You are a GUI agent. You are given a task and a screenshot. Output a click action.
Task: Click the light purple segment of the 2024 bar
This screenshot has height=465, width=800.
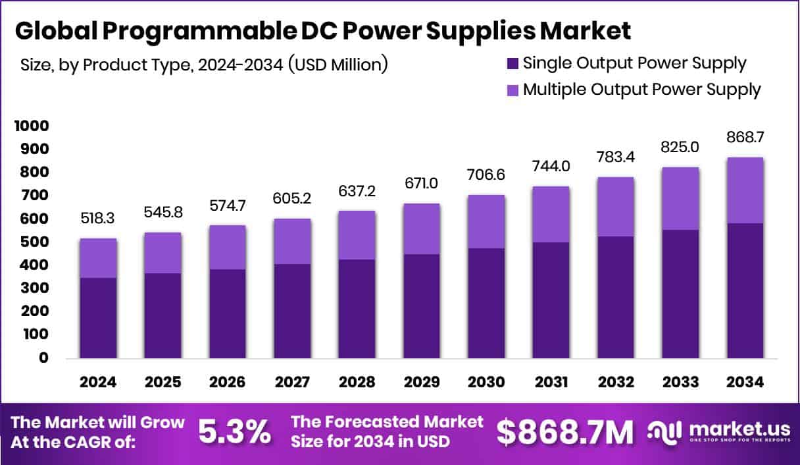coord(98,258)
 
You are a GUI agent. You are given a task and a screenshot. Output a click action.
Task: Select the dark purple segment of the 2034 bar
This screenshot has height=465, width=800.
coord(745,290)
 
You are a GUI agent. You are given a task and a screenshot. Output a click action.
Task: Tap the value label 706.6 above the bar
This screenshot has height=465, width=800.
coord(486,176)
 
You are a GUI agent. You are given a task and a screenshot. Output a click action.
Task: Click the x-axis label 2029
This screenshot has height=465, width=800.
coord(421,383)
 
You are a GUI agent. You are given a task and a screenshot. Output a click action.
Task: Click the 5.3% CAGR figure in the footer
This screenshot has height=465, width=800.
coord(234,431)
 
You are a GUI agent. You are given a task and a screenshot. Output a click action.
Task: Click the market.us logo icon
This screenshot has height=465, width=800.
coord(664,431)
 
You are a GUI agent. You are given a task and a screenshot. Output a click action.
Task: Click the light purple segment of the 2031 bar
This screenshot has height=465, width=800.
coord(551,214)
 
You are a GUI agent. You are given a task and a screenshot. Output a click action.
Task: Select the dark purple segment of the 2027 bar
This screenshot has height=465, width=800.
coord(292,311)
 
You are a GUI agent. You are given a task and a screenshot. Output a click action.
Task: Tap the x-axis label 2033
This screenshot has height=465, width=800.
coord(680,383)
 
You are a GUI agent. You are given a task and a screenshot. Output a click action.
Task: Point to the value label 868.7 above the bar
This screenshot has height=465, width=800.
coord(745,138)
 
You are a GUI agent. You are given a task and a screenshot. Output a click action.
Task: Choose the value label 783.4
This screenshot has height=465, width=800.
coord(615,158)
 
